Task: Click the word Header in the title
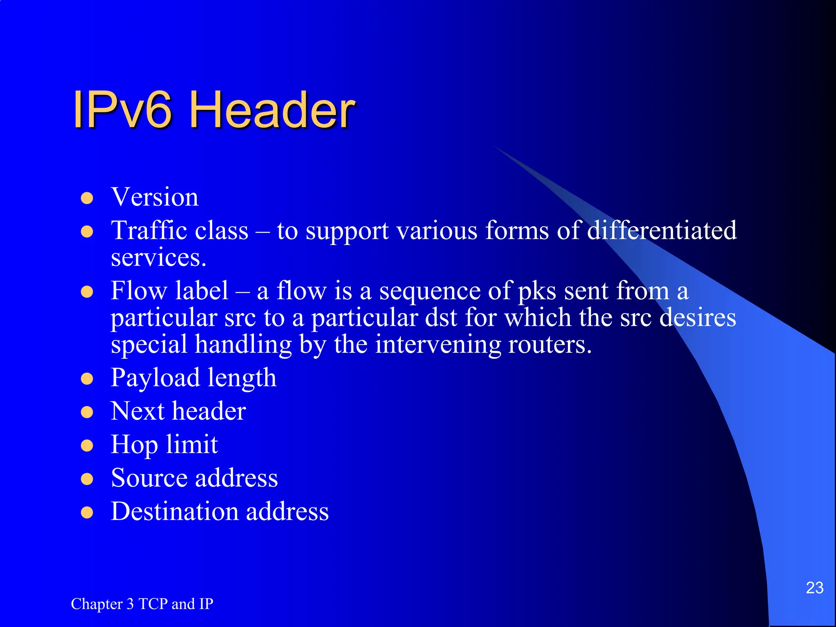click(272, 110)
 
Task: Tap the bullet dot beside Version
click(87, 198)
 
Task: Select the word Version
click(155, 197)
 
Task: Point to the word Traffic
click(145, 230)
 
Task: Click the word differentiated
click(662, 230)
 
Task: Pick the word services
click(158, 258)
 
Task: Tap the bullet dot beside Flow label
click(87, 292)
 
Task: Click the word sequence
click(430, 291)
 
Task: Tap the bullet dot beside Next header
click(87, 412)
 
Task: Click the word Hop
click(134, 445)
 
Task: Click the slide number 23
click(814, 588)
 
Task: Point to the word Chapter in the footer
click(97, 604)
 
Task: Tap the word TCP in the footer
click(153, 604)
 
